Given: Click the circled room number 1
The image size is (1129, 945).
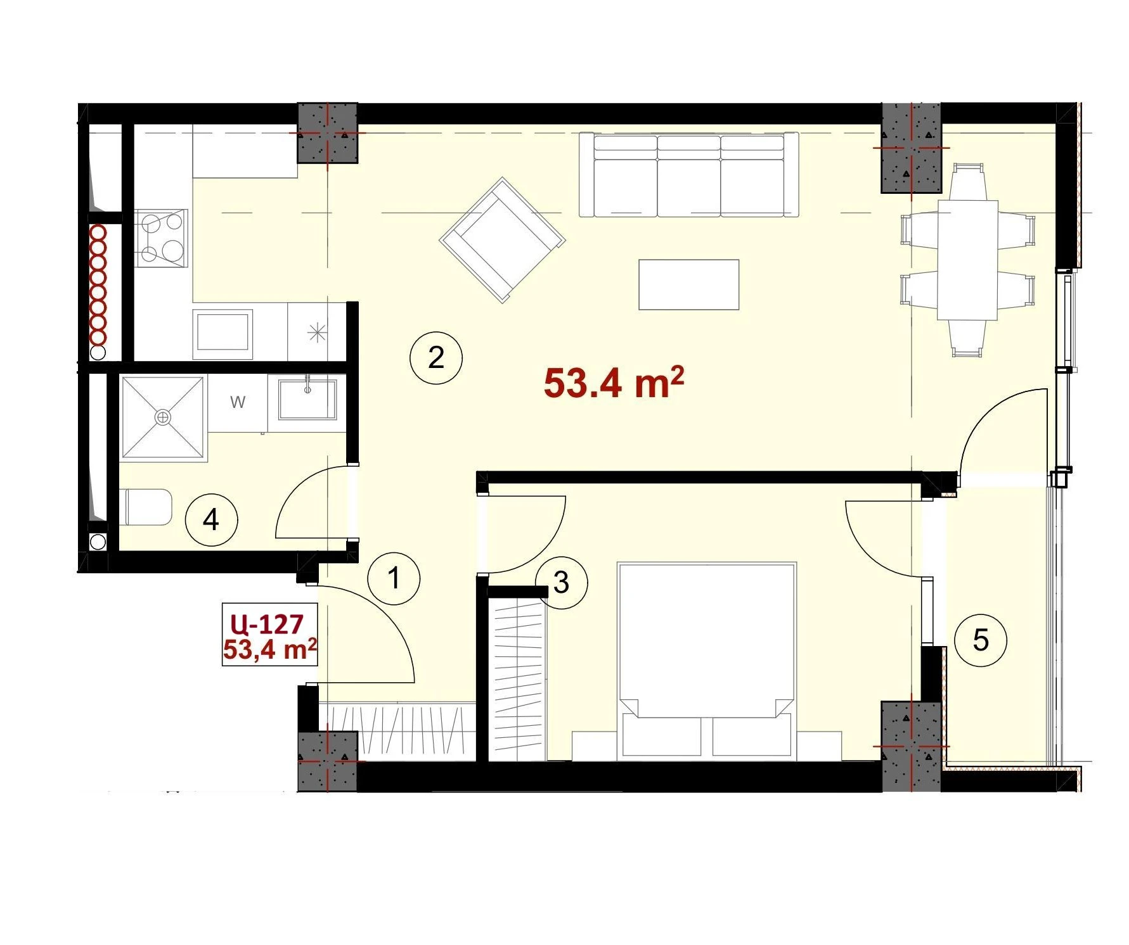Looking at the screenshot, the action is (394, 578).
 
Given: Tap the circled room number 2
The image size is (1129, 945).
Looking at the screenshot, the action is (436, 358).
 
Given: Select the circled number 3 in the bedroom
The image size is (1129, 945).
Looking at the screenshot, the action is (561, 583).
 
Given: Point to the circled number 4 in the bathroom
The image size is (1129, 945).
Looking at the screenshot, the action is (211, 521).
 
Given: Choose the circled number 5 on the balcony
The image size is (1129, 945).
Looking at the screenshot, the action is (981, 640).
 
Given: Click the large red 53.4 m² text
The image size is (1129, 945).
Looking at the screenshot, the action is (614, 383).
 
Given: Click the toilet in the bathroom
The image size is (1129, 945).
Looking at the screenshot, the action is (146, 507).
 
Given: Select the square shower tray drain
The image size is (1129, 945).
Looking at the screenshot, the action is (164, 417).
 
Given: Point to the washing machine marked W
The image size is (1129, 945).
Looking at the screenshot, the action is (238, 403).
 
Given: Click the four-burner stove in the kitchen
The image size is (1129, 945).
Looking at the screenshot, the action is (162, 238).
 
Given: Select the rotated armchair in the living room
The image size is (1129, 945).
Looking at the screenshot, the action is (503, 240).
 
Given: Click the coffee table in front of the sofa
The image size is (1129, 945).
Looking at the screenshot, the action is (689, 284).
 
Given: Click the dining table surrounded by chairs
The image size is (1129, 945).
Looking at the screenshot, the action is (968, 260).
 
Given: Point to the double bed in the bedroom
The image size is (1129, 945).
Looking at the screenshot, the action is (706, 659).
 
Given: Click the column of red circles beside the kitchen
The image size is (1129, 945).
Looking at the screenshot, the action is (98, 285).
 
